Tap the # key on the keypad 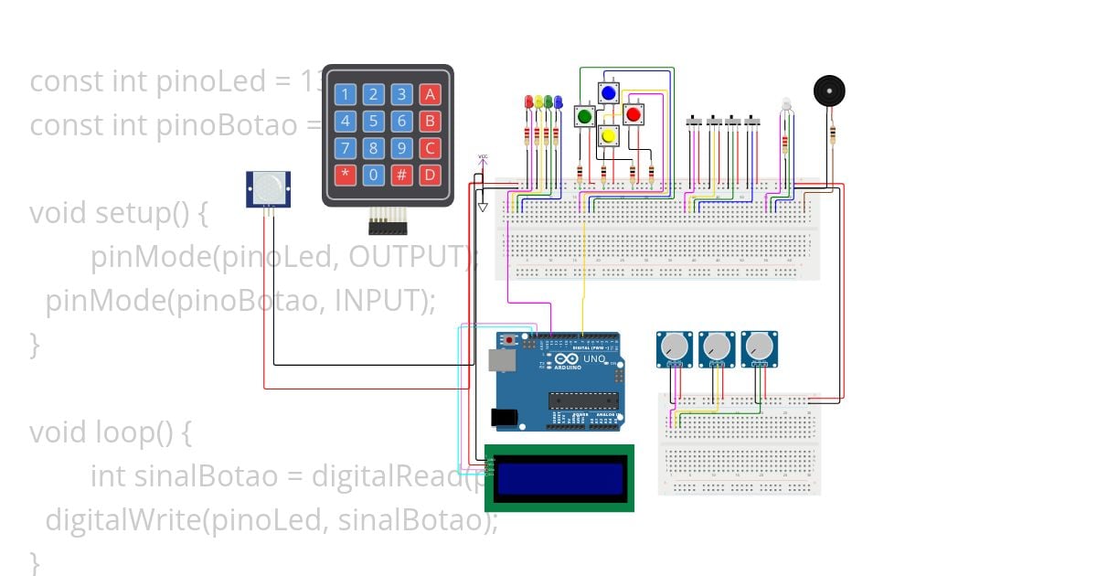[401, 175]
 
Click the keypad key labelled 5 [373, 121]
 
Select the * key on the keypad [345, 175]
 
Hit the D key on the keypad [430, 175]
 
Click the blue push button [608, 92]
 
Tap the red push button [633, 114]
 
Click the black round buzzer [829, 91]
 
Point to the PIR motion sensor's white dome [268, 188]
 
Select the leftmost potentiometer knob [674, 347]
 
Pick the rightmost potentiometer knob [758, 347]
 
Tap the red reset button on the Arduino [508, 341]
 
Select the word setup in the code [132, 214]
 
